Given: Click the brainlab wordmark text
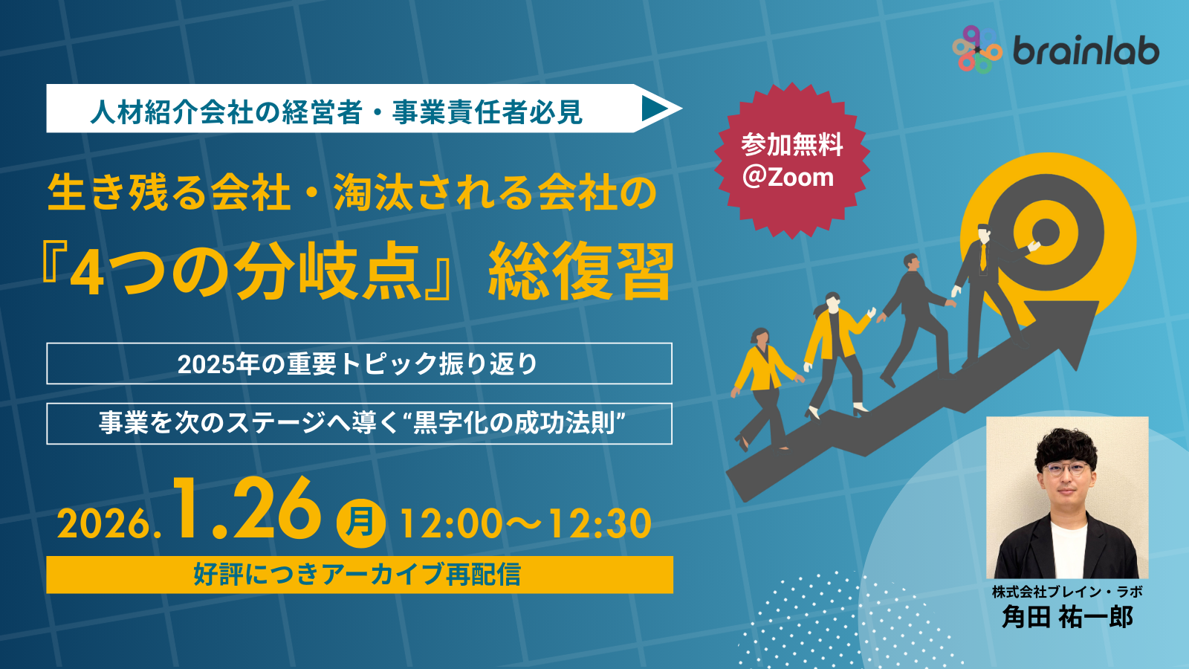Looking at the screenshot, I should point(1086,51).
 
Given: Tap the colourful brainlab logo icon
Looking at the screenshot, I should point(977,49).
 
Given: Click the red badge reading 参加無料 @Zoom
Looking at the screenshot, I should point(791,161).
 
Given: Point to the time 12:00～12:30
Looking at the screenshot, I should point(525,523).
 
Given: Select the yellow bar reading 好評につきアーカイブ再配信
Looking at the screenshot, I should point(359,575).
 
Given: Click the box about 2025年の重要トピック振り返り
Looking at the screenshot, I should point(359,363).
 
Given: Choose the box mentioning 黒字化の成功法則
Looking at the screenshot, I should point(359,424).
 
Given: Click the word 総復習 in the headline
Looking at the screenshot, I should point(580,271).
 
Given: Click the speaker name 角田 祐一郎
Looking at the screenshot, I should point(1067,617).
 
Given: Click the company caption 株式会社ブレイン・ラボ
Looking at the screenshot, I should point(1067,592).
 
